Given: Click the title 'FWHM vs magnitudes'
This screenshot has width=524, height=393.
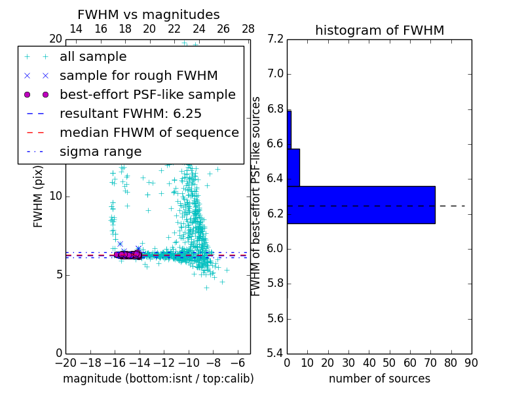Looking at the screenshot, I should (x=149, y=15).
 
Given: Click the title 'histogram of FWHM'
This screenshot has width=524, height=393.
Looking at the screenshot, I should (x=379, y=31).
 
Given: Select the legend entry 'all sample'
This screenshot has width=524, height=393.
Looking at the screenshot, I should (x=93, y=57).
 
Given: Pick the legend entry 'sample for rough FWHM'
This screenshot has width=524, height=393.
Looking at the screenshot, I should (x=138, y=76).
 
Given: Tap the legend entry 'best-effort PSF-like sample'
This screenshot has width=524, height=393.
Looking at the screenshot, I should (x=147, y=94).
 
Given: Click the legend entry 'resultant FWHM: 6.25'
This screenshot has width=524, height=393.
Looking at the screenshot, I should (x=130, y=113).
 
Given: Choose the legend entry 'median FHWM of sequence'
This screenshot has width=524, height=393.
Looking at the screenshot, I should (x=149, y=132).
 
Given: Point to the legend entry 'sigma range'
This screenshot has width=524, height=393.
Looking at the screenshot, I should (x=100, y=151).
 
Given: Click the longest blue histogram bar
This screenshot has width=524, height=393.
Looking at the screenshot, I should (x=361, y=204).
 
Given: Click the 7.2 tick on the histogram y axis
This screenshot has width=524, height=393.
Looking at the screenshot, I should (x=276, y=39).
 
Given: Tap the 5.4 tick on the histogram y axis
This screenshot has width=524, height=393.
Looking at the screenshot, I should (x=276, y=354).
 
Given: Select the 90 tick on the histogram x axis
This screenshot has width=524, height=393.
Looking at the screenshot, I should (x=471, y=363).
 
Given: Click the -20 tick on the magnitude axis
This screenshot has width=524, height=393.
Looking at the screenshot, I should (x=65, y=363).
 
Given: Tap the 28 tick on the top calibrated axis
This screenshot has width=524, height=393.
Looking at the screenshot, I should (x=248, y=29).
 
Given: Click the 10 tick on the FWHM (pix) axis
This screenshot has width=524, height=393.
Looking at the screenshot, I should (x=56, y=196).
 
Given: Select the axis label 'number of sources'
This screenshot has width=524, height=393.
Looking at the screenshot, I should (x=379, y=379).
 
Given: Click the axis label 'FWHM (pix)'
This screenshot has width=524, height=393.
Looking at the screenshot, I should (x=39, y=196).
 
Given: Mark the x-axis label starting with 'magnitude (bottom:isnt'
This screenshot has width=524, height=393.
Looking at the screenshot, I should (x=158, y=379).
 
